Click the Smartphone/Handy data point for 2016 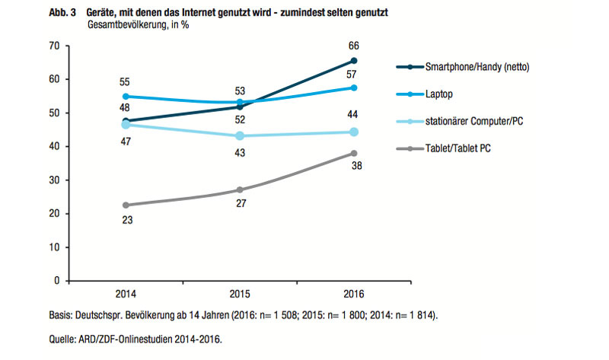(354, 61)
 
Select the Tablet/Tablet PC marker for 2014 (124, 205)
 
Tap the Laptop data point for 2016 (354, 88)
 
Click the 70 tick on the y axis (54, 46)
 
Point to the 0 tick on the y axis (57, 281)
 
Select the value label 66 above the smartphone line (354, 45)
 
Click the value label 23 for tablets (124, 221)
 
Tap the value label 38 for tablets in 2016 (354, 167)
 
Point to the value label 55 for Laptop (124, 81)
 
